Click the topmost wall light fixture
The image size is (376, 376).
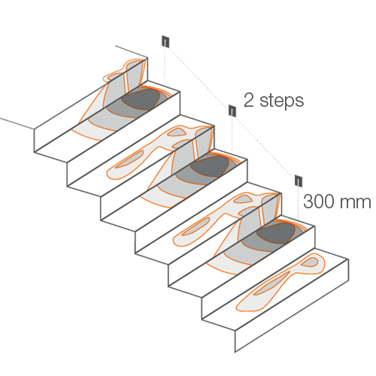coord(165,41)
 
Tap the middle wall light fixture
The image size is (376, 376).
coord(232,111)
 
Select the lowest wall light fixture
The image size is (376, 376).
coord(299,180)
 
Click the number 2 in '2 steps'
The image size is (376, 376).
coord(249,101)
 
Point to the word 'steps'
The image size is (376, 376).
coord(282,102)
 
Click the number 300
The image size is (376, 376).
coord(319,202)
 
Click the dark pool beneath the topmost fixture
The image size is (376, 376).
coord(141,99)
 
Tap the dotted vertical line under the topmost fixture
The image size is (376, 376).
coord(165,66)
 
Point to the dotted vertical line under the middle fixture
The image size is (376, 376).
coord(232,135)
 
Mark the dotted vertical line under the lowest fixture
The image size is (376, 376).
coord(298,203)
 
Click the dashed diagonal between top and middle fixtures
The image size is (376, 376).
coord(199,76)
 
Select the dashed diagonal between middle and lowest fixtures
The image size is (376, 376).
coord(265,146)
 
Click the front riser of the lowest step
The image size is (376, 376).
coord(292,306)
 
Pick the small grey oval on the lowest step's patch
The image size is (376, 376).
coord(310,262)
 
